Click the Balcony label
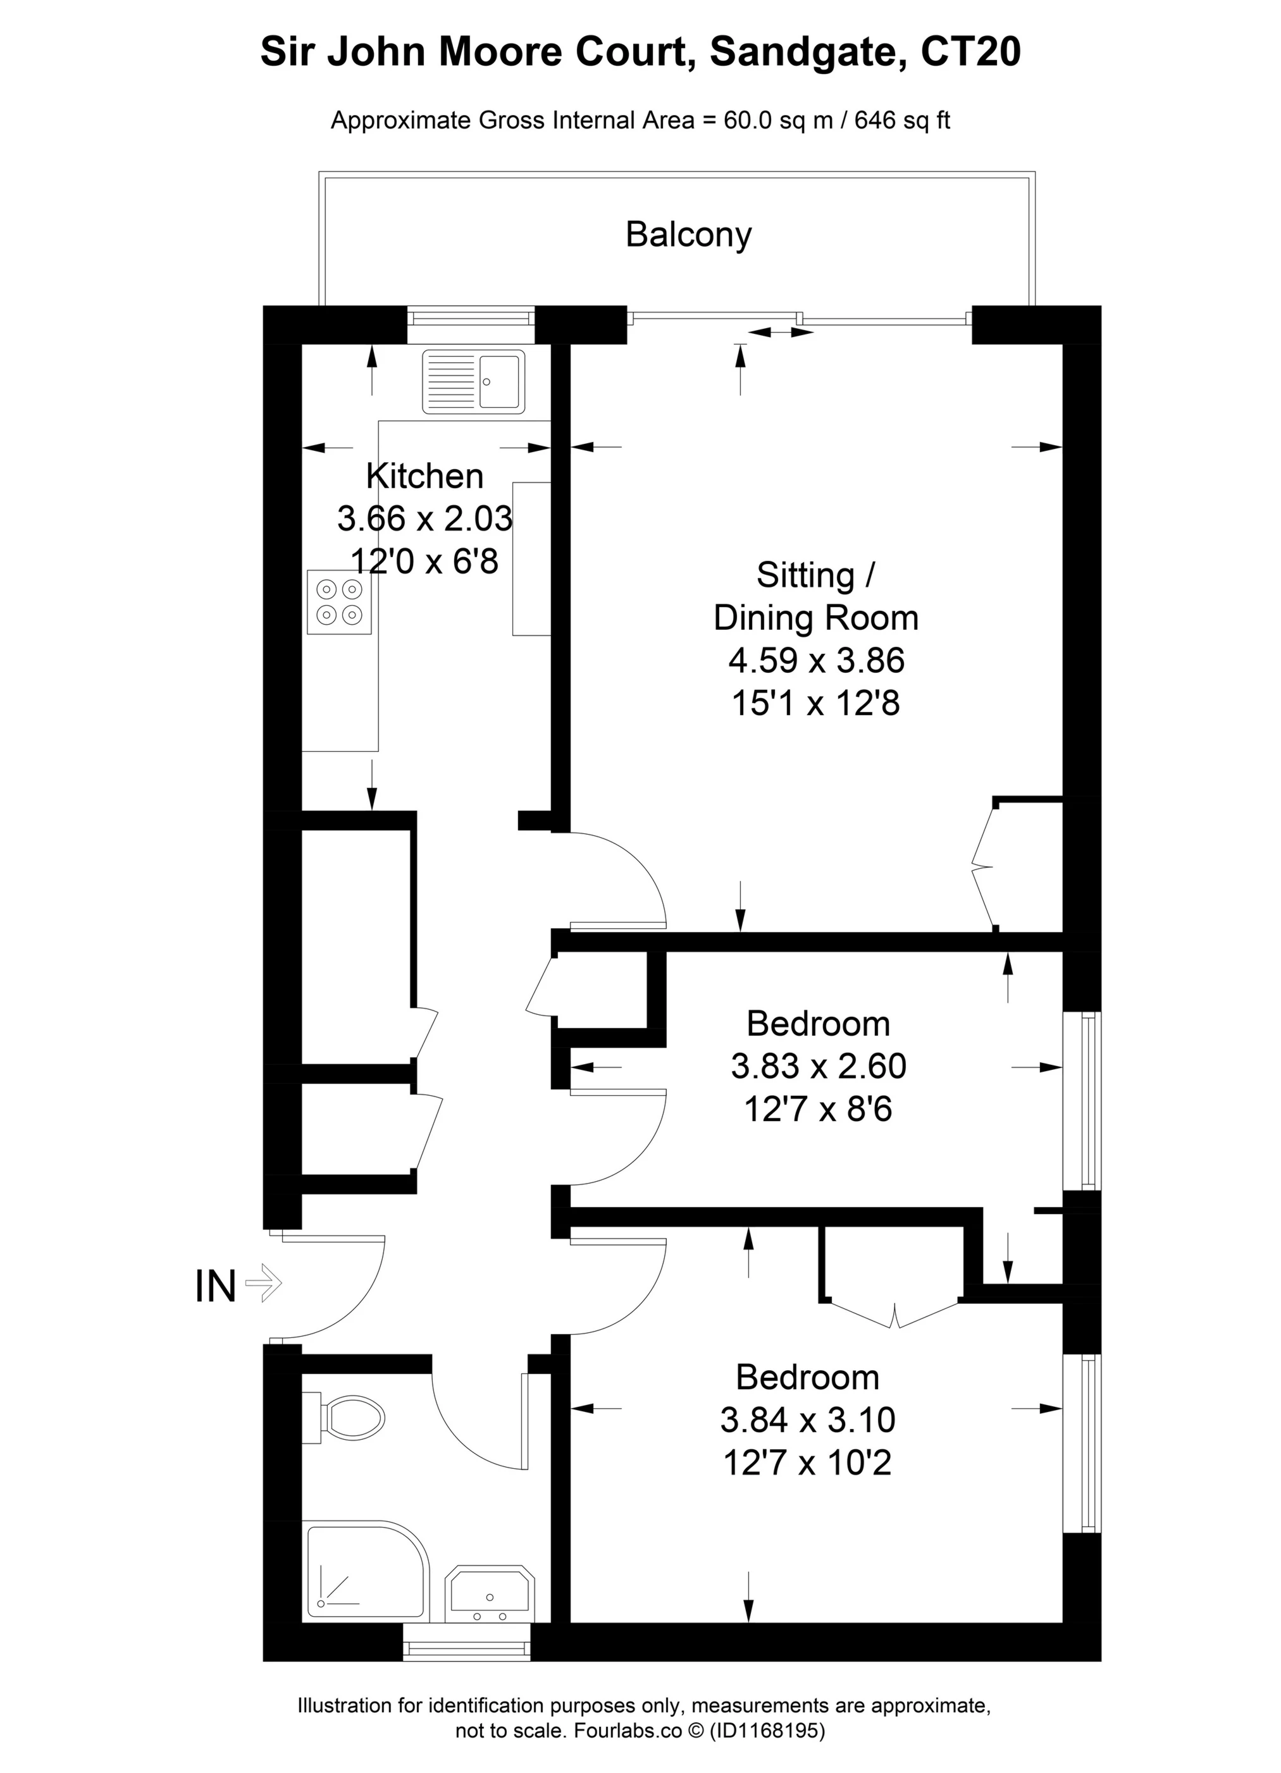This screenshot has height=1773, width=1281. (x=688, y=235)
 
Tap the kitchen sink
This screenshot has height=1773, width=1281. (x=473, y=381)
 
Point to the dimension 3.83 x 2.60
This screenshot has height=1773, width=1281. (x=818, y=1066)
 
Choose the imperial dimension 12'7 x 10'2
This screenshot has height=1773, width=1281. (x=807, y=1462)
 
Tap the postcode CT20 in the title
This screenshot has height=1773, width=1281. (x=971, y=52)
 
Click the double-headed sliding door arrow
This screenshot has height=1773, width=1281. (x=780, y=332)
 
